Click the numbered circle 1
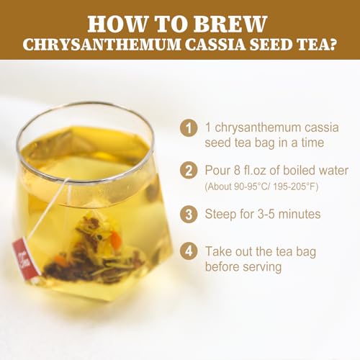click(189, 129)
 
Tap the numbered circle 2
click(189, 171)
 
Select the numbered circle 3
click(189, 214)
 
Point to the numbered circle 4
click(189, 252)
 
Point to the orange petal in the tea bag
click(115, 240)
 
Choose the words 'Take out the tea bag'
click(261, 251)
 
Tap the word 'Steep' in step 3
click(222, 214)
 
